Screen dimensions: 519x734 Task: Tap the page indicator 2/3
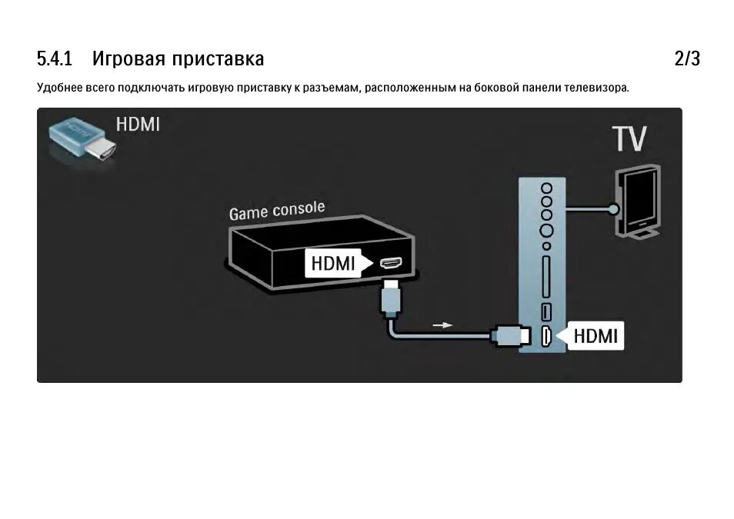tap(687, 58)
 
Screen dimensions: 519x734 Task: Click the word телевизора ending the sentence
tap(596, 88)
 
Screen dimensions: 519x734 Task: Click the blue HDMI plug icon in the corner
tap(79, 140)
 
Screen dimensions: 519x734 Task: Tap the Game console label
tap(277, 209)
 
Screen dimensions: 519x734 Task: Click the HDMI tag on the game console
tap(332, 263)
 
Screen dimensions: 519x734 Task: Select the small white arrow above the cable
tap(442, 324)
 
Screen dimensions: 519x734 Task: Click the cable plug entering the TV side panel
tap(509, 335)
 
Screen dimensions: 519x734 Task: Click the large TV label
tap(629, 140)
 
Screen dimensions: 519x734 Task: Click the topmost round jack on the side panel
tap(546, 187)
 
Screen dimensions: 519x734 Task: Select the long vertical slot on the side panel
tap(546, 276)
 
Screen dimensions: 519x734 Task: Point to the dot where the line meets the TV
tap(613, 208)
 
